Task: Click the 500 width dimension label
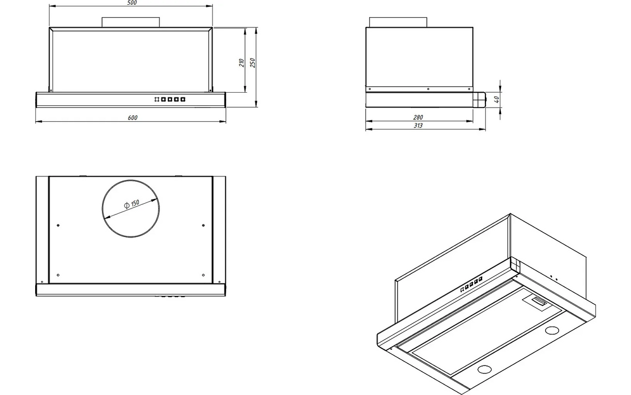132,3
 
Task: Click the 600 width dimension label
133,117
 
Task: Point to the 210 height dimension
241,63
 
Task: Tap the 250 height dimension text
252,63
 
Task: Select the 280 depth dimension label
418,117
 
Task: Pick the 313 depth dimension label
418,125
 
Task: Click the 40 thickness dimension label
496,100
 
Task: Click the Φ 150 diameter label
131,204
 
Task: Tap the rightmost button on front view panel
183,100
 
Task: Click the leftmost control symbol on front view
157,100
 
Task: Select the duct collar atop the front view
131,22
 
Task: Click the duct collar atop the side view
398,22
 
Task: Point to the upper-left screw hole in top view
58,225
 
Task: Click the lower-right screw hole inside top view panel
203,275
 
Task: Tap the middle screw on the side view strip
428,89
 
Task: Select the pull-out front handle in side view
480,100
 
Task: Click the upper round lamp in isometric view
552,330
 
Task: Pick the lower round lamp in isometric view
484,369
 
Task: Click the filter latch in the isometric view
539,302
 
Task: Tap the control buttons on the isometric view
471,284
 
